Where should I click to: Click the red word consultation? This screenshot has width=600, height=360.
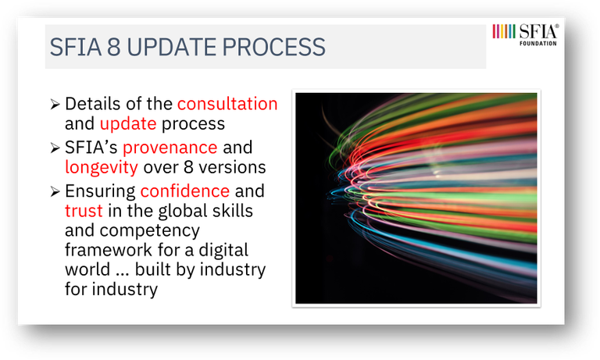(227, 104)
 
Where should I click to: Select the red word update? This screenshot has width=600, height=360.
(128, 124)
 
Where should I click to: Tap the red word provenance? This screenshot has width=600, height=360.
(170, 148)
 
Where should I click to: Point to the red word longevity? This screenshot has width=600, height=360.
(102, 167)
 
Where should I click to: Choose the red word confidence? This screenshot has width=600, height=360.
(185, 191)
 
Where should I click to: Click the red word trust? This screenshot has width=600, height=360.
(84, 211)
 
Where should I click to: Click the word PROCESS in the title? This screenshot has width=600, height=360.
(273, 47)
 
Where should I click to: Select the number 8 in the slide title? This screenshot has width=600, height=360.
(113, 47)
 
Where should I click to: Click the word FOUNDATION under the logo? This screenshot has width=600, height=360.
(537, 44)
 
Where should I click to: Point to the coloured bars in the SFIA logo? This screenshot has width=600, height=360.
(504, 31)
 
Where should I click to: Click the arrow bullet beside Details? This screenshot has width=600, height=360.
(55, 104)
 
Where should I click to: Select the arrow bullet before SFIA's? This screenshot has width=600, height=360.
(55, 148)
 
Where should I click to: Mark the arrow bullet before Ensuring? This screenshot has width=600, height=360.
(55, 191)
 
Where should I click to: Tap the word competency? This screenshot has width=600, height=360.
(150, 231)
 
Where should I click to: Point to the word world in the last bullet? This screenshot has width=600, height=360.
(87, 269)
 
